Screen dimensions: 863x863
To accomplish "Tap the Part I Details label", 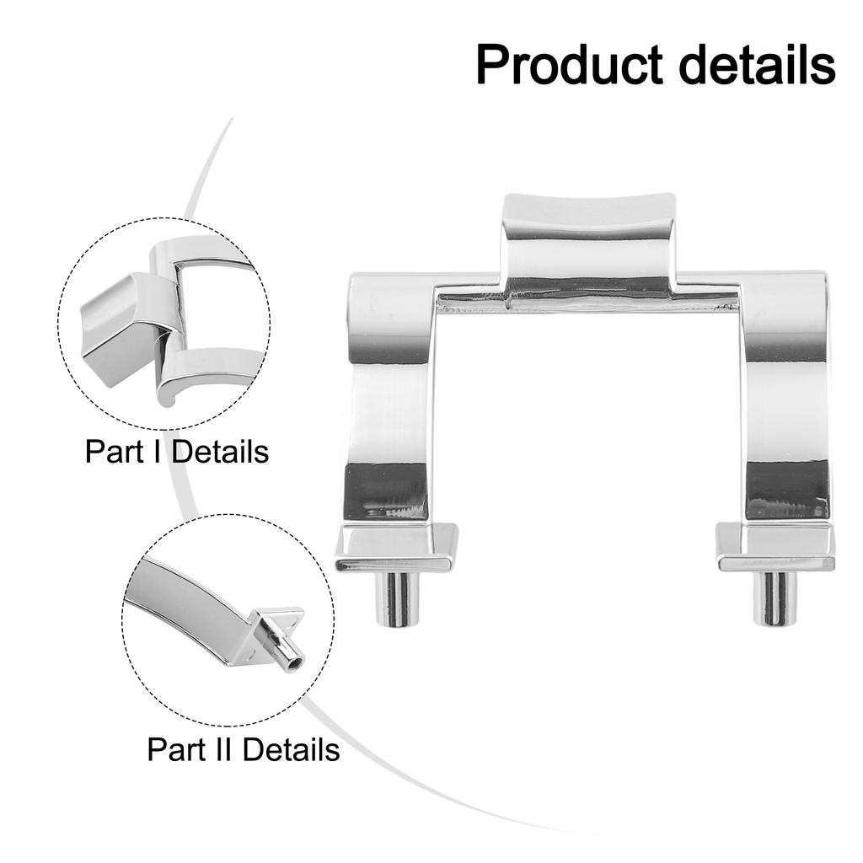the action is pyautogui.click(x=177, y=452).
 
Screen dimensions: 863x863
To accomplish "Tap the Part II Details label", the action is pyautogui.click(x=244, y=749).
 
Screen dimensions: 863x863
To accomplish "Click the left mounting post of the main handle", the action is pyautogui.click(x=394, y=599).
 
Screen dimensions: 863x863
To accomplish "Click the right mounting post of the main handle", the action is pyautogui.click(x=774, y=599).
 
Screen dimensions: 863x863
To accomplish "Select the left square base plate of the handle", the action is pyautogui.click(x=396, y=547).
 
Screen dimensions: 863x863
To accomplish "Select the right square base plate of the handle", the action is pyautogui.click(x=775, y=547).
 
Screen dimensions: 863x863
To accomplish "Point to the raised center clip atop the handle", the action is pyautogui.click(x=589, y=245).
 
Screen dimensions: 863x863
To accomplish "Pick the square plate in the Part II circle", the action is pyautogui.click(x=276, y=633).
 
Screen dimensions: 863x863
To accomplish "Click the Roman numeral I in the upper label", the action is pyautogui.click(x=160, y=452).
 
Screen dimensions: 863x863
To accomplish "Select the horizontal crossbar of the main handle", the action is pyautogui.click(x=587, y=300).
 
